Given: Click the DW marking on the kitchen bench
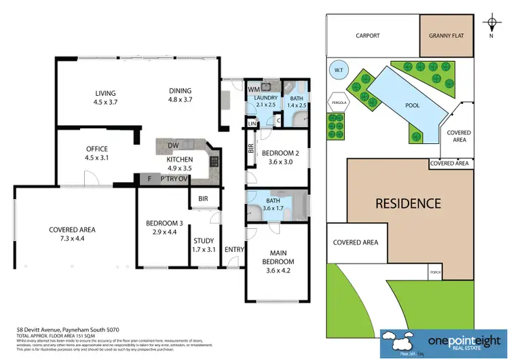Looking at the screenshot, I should coord(174,145).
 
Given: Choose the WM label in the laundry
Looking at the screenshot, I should coord(253,89).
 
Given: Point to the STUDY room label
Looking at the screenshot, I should coord(204,245).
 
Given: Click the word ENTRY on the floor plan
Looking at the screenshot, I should coord(234,250).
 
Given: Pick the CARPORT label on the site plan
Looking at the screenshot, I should coord(369,36).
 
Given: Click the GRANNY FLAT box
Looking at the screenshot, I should coord(446,36).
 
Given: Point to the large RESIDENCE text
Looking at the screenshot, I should coord(409,203).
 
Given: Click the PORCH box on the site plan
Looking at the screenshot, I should coord(435,272).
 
